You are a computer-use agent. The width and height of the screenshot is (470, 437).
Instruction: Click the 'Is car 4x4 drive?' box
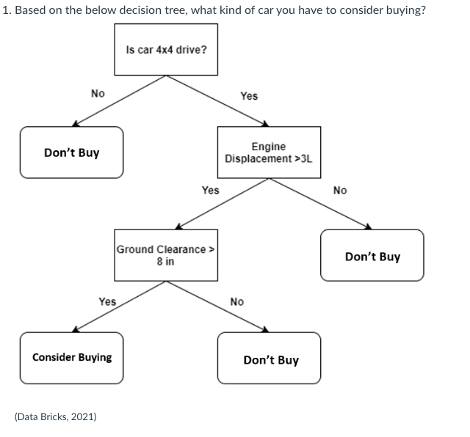tap(166, 50)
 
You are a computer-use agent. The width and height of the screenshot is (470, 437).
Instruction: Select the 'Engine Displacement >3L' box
tap(269, 152)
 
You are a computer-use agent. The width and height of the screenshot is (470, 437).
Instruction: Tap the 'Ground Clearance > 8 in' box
tap(166, 255)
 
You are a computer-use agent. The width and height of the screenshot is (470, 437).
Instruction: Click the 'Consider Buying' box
tap(72, 357)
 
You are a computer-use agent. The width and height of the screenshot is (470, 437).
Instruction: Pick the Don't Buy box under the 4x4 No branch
tap(72, 153)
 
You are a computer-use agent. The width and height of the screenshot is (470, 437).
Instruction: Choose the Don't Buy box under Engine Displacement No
tap(372, 256)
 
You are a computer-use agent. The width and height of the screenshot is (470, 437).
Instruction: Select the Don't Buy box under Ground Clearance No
tap(270, 359)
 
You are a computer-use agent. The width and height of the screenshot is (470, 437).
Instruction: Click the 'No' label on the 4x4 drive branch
tap(98, 93)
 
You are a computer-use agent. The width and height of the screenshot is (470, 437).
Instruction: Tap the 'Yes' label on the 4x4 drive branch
tap(249, 96)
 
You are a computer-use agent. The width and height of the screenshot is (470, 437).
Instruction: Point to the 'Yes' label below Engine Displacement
tap(210, 190)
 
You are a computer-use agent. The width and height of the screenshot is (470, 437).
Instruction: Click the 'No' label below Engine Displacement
tap(339, 191)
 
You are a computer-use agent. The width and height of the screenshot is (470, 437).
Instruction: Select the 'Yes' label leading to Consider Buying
tap(107, 301)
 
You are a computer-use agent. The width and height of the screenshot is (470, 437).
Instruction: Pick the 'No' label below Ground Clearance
tap(237, 301)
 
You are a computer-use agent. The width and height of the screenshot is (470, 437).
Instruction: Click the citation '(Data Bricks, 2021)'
tap(55, 416)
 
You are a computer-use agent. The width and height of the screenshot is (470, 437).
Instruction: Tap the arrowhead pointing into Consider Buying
tap(75, 329)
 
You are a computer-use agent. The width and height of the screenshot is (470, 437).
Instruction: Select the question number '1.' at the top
tap(5, 10)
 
